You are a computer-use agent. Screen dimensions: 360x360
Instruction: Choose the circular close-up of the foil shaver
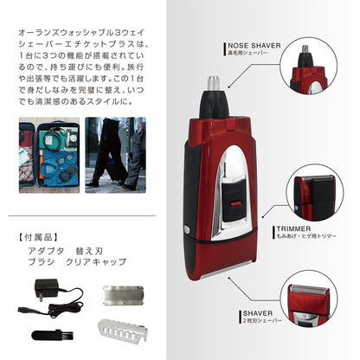(323, 306)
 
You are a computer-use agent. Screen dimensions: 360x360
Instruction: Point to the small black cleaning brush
(51, 334)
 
